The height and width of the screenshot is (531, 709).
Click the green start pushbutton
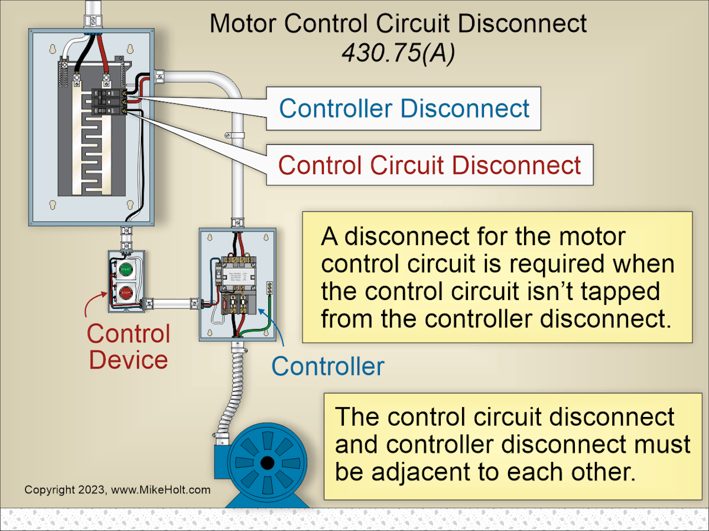tap(125, 270)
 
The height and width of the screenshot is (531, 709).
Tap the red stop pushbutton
tap(125, 292)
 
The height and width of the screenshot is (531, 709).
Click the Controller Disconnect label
tap(404, 109)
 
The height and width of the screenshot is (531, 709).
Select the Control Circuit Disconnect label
tap(430, 165)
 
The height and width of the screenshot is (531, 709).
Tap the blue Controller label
tap(327, 367)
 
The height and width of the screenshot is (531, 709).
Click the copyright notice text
tap(117, 490)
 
